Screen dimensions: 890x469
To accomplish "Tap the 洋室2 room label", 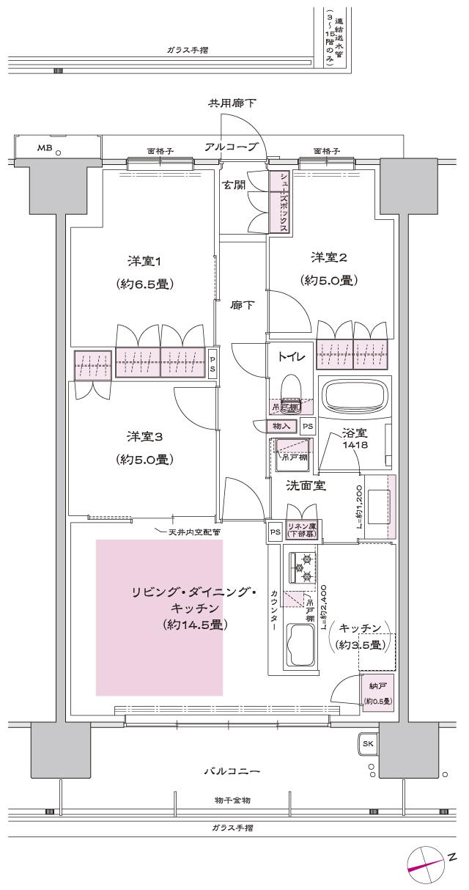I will (x=328, y=257).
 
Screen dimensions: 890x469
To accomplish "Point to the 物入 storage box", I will (x=282, y=425).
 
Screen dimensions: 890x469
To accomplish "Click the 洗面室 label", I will (x=306, y=485).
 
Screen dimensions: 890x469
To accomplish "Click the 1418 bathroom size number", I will (x=358, y=445).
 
